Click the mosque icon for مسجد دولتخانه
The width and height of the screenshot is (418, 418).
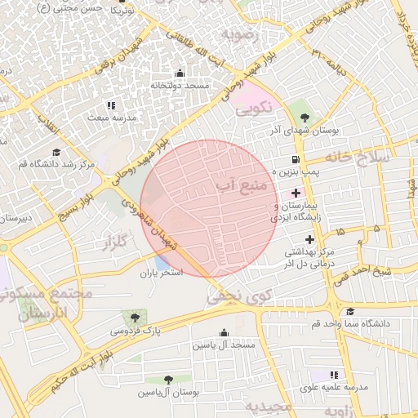(x=180, y=73)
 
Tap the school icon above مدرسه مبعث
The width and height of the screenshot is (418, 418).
(x=112, y=105)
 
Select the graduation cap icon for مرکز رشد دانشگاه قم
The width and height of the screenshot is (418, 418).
(x=56, y=152)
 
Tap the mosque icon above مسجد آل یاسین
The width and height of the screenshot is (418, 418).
(x=225, y=332)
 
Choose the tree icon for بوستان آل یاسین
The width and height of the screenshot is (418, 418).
(x=167, y=380)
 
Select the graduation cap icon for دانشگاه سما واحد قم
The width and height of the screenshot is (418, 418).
(x=350, y=311)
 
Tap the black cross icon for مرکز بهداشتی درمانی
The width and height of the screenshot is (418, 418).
(x=309, y=239)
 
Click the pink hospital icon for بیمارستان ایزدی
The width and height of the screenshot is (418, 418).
(x=295, y=191)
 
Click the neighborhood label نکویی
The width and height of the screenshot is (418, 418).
(x=252, y=106)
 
